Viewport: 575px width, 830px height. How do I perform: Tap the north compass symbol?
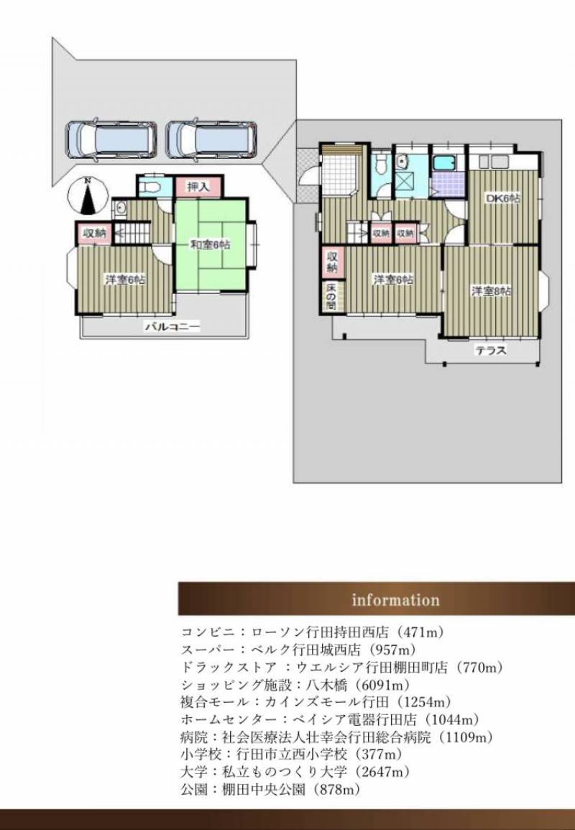[88, 197]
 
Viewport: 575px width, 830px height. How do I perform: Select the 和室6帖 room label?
[211, 245]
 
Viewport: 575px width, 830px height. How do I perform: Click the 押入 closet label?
[198, 187]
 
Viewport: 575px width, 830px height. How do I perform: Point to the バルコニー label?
[173, 327]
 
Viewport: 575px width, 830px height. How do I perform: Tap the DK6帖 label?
[503, 198]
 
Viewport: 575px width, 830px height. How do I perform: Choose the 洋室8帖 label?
[492, 290]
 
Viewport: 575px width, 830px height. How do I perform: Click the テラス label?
[491, 350]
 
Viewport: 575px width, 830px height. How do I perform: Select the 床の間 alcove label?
[331, 297]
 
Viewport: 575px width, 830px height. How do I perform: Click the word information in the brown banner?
[395, 600]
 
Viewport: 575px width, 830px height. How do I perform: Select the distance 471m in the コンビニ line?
[423, 632]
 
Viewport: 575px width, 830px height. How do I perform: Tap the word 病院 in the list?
[190, 737]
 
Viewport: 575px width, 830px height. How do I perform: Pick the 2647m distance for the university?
[385, 773]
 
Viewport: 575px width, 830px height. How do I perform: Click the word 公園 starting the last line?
[190, 790]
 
